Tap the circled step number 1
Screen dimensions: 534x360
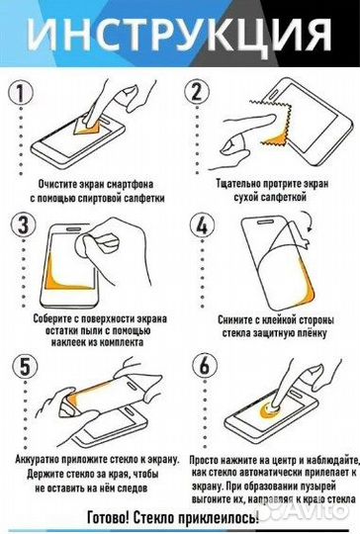20,92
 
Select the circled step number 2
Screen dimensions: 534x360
197,92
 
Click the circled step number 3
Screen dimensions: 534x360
20,223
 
